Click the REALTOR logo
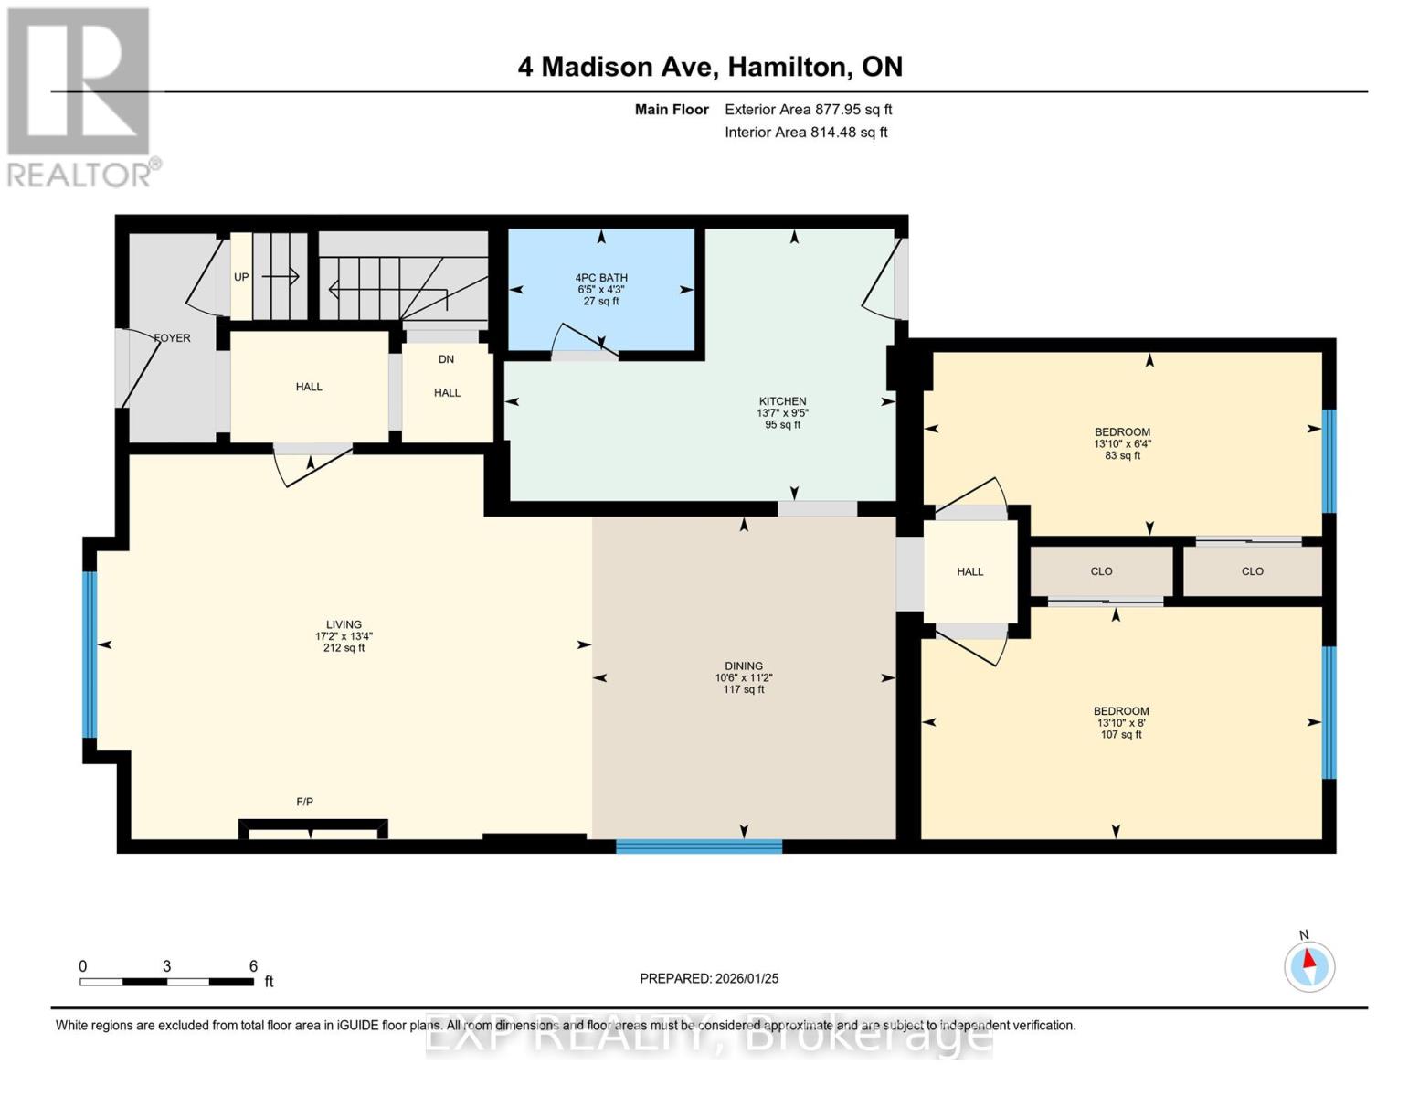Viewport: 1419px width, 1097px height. coord(80,96)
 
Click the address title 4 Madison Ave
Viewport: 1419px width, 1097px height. coord(710,67)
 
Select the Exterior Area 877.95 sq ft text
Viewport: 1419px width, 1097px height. coord(808,110)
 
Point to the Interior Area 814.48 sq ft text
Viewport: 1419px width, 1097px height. coord(806,133)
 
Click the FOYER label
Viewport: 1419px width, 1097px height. coord(172,338)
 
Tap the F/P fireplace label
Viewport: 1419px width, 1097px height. coord(305,802)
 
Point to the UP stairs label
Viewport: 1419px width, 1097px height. coord(241,277)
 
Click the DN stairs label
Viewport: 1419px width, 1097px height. coord(446,359)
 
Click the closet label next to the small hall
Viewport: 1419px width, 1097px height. coord(1101,571)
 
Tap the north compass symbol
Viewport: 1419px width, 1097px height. coord(1309,965)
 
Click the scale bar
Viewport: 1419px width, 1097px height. coord(166,982)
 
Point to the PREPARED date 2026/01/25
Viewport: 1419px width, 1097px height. coord(709,978)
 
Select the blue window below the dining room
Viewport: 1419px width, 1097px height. coord(699,847)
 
